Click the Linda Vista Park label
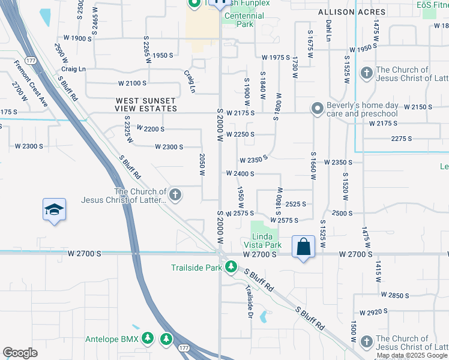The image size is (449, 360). pyautogui.click(x=262, y=241)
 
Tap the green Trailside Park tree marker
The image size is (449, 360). pyautogui.click(x=231, y=266)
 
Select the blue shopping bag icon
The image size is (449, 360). pyautogui.click(x=304, y=247)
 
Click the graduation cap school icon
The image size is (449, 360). pyautogui.click(x=54, y=210)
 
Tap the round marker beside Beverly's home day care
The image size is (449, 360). pyautogui.click(x=316, y=109)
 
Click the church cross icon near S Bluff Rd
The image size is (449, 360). pyautogui.click(x=175, y=194)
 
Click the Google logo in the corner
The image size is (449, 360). pyautogui.click(x=20, y=353)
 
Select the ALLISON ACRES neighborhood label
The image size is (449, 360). pyautogui.click(x=344, y=11)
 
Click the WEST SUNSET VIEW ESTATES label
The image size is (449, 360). pyautogui.click(x=146, y=104)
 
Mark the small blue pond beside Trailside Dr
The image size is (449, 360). pyautogui.click(x=262, y=317)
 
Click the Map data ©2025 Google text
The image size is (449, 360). pyautogui.click(x=412, y=356)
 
